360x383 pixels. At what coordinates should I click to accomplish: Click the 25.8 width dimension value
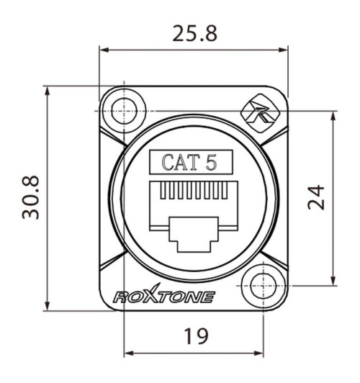coord(193,33)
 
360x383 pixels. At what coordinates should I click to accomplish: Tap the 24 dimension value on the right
coord(317,196)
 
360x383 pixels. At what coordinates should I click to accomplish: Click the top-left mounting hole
coord(124,111)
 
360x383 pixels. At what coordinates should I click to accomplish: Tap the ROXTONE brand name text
coord(163,295)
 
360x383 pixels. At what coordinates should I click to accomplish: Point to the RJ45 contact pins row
coord(192,191)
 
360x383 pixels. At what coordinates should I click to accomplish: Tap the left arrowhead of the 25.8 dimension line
coord(103,50)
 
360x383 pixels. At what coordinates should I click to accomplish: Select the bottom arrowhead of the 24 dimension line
coord(334,282)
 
